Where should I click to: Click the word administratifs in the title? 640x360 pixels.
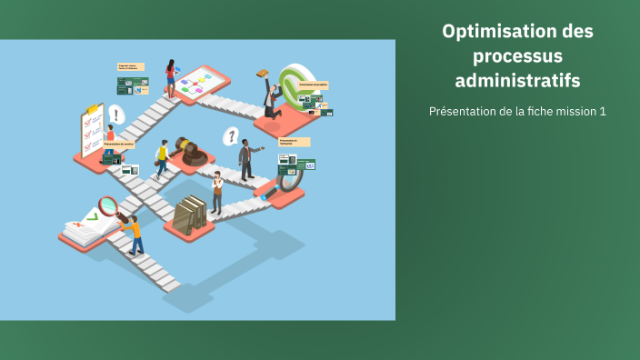click(517, 81)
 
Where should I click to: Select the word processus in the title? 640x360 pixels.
click(517, 56)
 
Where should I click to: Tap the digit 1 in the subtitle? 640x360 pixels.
click(602, 111)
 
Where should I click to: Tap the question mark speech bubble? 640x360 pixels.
click(232, 136)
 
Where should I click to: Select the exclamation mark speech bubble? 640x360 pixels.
click(115, 115)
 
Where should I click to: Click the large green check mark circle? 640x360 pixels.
click(295, 85)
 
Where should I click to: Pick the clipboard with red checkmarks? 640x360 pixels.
click(92, 130)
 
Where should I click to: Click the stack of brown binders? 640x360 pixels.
click(189, 215)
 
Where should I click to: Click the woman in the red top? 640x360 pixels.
click(170, 78)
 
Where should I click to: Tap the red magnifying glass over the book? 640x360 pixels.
click(108, 206)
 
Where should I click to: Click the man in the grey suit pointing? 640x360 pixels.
click(245, 159)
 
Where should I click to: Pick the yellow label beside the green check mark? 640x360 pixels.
click(313, 85)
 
